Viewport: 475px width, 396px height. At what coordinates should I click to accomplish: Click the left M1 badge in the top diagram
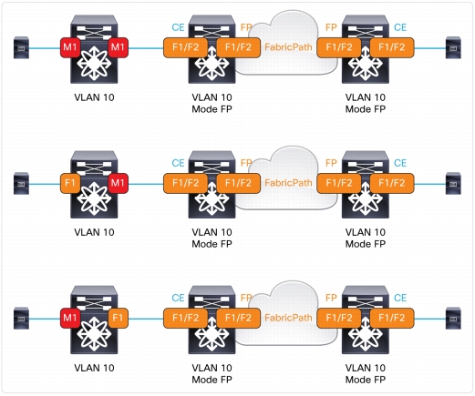[70, 47]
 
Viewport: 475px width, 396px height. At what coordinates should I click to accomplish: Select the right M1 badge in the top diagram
[118, 47]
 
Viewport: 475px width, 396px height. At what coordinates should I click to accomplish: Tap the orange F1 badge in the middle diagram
[70, 183]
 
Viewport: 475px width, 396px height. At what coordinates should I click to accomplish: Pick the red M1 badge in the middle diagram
[118, 183]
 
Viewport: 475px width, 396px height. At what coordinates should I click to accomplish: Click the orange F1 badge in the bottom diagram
[118, 318]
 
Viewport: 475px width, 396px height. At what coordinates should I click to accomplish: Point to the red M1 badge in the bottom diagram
[70, 318]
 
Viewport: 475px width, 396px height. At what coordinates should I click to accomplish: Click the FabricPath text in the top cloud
[288, 47]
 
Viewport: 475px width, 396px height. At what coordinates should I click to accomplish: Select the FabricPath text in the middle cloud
[288, 183]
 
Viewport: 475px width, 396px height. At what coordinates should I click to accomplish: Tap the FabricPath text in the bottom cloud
[288, 318]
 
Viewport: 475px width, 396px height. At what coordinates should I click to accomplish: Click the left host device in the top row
[21, 47]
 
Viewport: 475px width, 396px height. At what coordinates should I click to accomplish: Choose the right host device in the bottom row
[453, 319]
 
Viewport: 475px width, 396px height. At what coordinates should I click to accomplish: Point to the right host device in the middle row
[453, 183]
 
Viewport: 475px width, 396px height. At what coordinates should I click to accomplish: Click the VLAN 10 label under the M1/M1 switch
[94, 97]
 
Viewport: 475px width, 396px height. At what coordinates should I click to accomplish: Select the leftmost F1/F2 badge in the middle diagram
[185, 183]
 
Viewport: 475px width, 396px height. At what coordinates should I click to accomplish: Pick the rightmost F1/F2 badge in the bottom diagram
[392, 318]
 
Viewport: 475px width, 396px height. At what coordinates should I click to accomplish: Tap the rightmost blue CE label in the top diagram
[400, 27]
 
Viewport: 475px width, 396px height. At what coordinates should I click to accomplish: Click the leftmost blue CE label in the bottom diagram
[178, 298]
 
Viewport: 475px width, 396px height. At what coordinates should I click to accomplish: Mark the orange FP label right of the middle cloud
[331, 163]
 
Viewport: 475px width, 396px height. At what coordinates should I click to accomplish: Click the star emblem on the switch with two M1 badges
[94, 64]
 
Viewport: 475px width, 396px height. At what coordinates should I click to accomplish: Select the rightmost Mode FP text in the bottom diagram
[366, 380]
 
